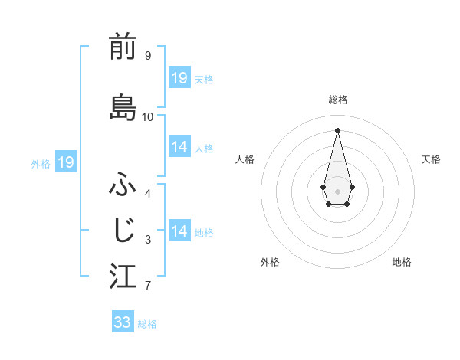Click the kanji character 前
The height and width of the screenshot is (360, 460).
point(123,47)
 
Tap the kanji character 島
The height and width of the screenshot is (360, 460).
point(123,107)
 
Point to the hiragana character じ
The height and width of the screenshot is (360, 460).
point(123,230)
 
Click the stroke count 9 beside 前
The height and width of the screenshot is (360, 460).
point(147,55)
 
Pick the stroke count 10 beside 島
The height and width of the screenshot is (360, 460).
point(147,116)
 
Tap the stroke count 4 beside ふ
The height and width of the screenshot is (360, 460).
point(147,193)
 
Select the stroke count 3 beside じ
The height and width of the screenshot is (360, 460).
point(147,240)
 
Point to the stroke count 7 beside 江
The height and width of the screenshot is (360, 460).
point(147,286)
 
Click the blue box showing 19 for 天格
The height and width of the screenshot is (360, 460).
point(179,78)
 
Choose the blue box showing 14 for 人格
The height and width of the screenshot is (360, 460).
point(179,147)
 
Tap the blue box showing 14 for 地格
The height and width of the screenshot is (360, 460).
point(179,231)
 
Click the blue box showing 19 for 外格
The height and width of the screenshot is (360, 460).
point(66,162)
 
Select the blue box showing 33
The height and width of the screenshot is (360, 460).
point(123,322)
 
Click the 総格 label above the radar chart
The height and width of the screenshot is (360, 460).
point(338,100)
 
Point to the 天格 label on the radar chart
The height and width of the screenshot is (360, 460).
point(431,159)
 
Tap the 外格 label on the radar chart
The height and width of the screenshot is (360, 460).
point(270,262)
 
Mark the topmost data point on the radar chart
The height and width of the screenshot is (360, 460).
point(337,129)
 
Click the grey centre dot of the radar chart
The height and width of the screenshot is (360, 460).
point(337,190)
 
